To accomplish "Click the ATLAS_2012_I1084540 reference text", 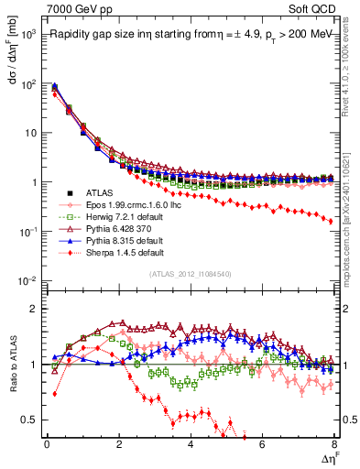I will coord(190,273).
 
